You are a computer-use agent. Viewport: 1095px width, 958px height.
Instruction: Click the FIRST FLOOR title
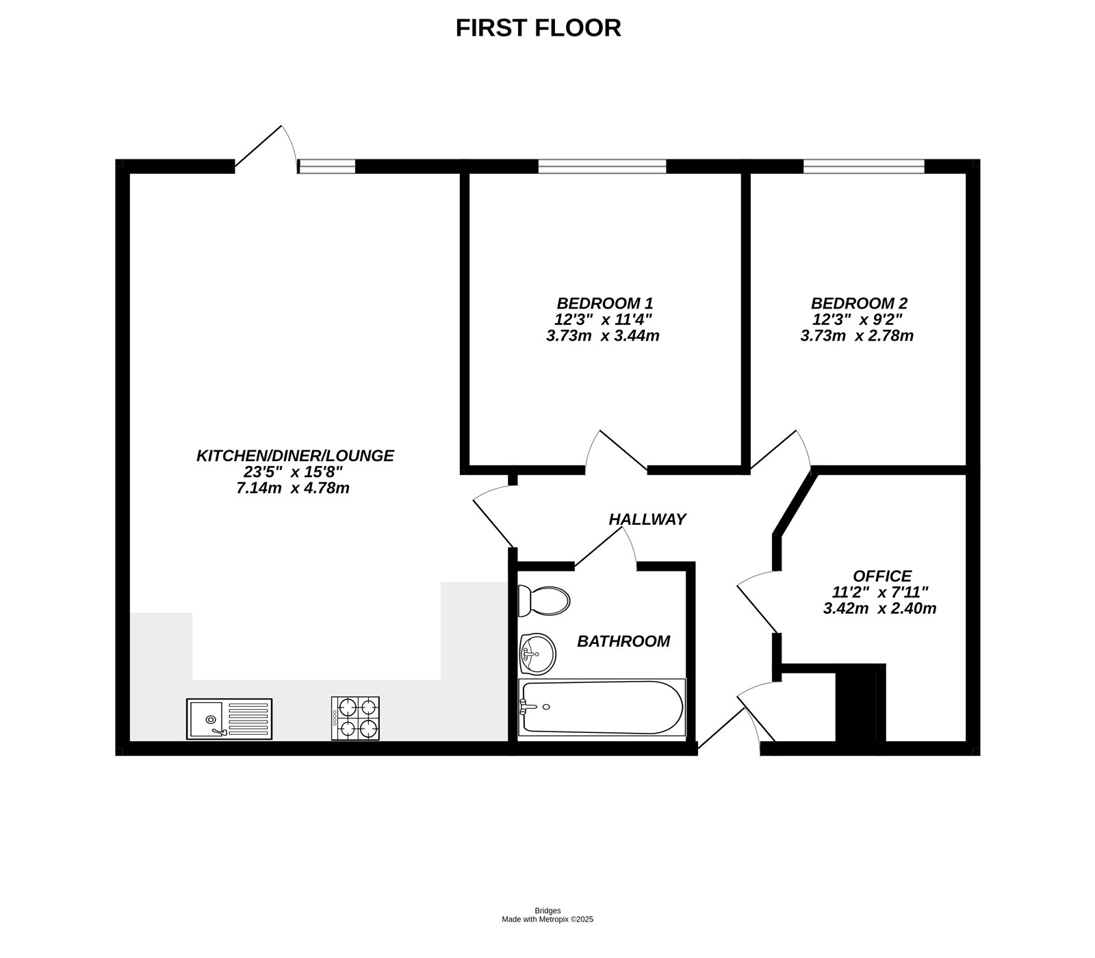click(538, 28)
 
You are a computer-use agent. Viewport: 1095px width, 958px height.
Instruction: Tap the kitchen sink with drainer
click(229, 718)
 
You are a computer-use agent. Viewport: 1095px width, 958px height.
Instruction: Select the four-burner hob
click(355, 718)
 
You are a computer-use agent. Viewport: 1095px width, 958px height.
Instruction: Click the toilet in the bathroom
click(543, 601)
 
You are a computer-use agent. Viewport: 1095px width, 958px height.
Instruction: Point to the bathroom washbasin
click(538, 653)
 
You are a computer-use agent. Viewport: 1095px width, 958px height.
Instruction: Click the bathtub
click(601, 708)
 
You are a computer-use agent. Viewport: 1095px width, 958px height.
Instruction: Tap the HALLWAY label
click(647, 519)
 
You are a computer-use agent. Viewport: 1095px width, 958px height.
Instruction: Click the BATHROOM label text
click(623, 641)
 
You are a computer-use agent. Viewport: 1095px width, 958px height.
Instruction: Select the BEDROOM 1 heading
click(604, 302)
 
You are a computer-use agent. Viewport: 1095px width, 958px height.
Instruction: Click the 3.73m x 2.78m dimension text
click(857, 335)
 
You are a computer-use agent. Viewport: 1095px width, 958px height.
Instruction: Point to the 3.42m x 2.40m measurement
click(879, 608)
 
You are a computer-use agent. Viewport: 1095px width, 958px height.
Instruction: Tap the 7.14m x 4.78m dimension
click(292, 488)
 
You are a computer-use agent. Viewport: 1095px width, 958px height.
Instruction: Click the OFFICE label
click(881, 576)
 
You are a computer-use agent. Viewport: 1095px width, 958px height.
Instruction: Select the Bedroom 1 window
click(602, 166)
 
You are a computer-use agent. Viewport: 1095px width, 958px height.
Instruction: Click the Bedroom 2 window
click(863, 166)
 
